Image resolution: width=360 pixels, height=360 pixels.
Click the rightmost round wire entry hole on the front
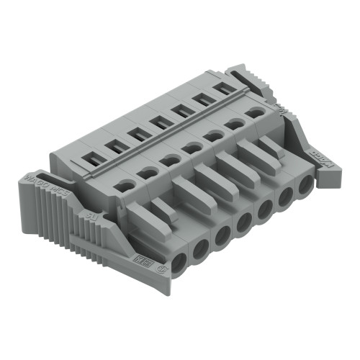pos(305,185)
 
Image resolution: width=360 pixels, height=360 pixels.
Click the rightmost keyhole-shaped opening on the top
pos(253,113)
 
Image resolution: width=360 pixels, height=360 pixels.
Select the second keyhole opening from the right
pos(233,125)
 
